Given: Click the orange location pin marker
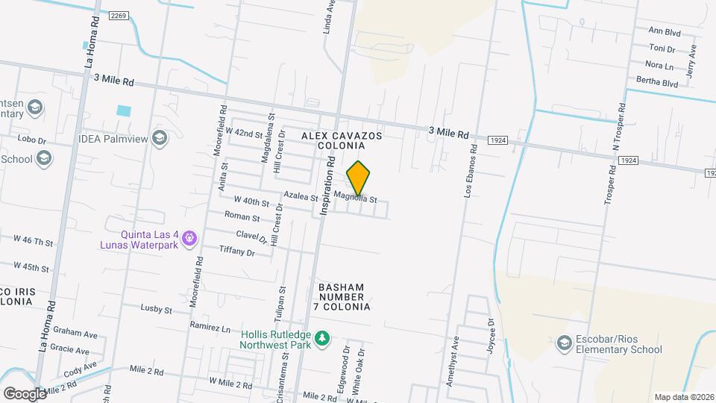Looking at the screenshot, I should (x=359, y=178).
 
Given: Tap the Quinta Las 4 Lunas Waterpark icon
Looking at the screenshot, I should (x=190, y=238).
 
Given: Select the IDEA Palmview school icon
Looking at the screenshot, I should (x=159, y=137).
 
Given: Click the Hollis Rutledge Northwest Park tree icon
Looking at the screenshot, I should (x=321, y=339).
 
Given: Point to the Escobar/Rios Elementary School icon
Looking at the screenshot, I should (x=565, y=343).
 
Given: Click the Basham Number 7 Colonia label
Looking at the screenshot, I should (x=344, y=296).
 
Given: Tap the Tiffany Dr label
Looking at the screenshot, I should (x=237, y=252).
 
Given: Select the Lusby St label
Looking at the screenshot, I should (x=157, y=309).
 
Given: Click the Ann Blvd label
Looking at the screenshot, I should (x=665, y=31).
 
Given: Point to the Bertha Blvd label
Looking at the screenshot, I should (x=656, y=82).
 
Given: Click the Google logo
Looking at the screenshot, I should (x=25, y=393).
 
